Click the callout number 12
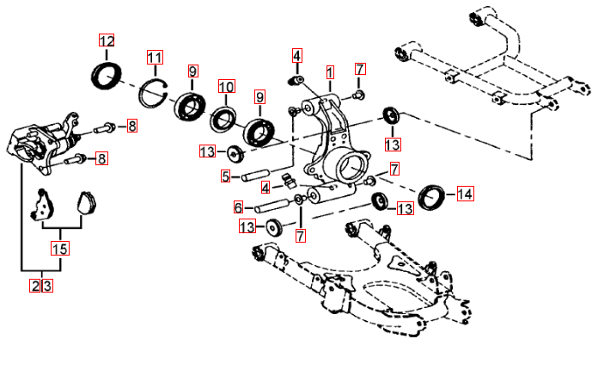pyautogui.click(x=107, y=41)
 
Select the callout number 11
pyautogui.click(x=155, y=59)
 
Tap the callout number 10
pyautogui.click(x=226, y=87)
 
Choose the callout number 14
pyautogui.click(x=465, y=194)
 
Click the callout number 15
pyautogui.click(x=59, y=250)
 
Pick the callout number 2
pyautogui.click(x=35, y=286)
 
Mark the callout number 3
pyautogui.click(x=47, y=286)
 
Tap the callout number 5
pyautogui.click(x=225, y=177)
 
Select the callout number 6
pyautogui.click(x=238, y=207)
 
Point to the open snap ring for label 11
pyautogui.click(x=153, y=89)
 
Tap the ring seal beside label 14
pyautogui.click(x=431, y=197)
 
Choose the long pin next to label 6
pyautogui.click(x=272, y=207)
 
